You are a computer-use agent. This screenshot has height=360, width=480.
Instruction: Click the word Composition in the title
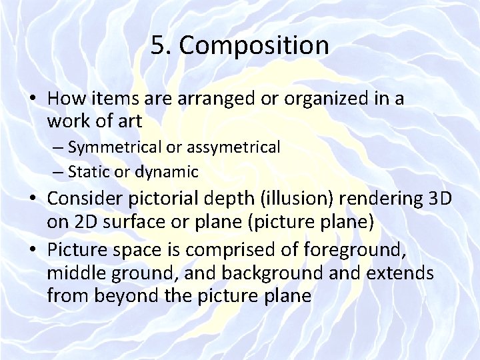pyautogui.click(x=254, y=46)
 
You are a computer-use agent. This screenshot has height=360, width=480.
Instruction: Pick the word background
pyautogui.click(x=301, y=273)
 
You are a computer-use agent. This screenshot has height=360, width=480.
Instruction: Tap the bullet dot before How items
pyautogui.click(x=33, y=99)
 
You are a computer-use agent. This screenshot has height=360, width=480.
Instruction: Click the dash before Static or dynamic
pyautogui.click(x=58, y=172)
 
